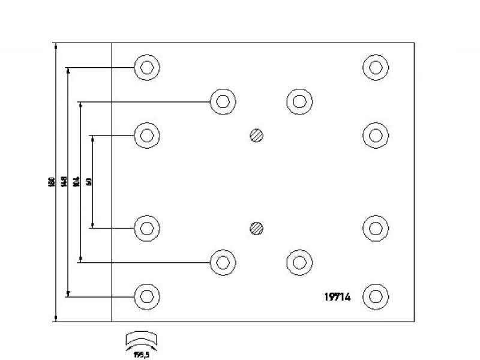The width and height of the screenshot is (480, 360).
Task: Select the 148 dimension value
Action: (x=64, y=182)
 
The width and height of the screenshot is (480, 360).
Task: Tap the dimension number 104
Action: (x=76, y=182)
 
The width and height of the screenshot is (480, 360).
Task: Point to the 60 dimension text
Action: (x=88, y=182)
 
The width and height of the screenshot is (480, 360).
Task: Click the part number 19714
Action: (x=338, y=296)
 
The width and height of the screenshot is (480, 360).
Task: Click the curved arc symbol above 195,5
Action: (x=142, y=339)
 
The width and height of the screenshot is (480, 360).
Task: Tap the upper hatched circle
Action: (x=257, y=135)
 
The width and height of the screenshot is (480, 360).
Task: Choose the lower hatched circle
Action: (x=257, y=228)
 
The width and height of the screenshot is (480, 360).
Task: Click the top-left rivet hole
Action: (x=146, y=67)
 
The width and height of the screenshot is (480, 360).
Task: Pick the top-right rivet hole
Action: (x=376, y=67)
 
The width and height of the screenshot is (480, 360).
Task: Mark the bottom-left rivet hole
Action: (x=146, y=296)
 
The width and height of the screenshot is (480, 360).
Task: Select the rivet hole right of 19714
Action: (x=376, y=296)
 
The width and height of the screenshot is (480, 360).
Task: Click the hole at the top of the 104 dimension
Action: (x=223, y=101)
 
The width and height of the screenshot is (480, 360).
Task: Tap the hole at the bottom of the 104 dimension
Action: (x=223, y=262)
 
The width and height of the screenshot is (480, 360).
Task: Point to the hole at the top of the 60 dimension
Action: (x=146, y=135)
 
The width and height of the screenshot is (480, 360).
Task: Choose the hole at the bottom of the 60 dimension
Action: (x=146, y=228)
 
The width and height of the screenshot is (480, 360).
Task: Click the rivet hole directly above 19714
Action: (x=299, y=262)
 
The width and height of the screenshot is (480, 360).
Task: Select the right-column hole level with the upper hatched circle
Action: (x=376, y=135)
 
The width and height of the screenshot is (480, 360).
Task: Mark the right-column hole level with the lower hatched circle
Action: (x=376, y=228)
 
